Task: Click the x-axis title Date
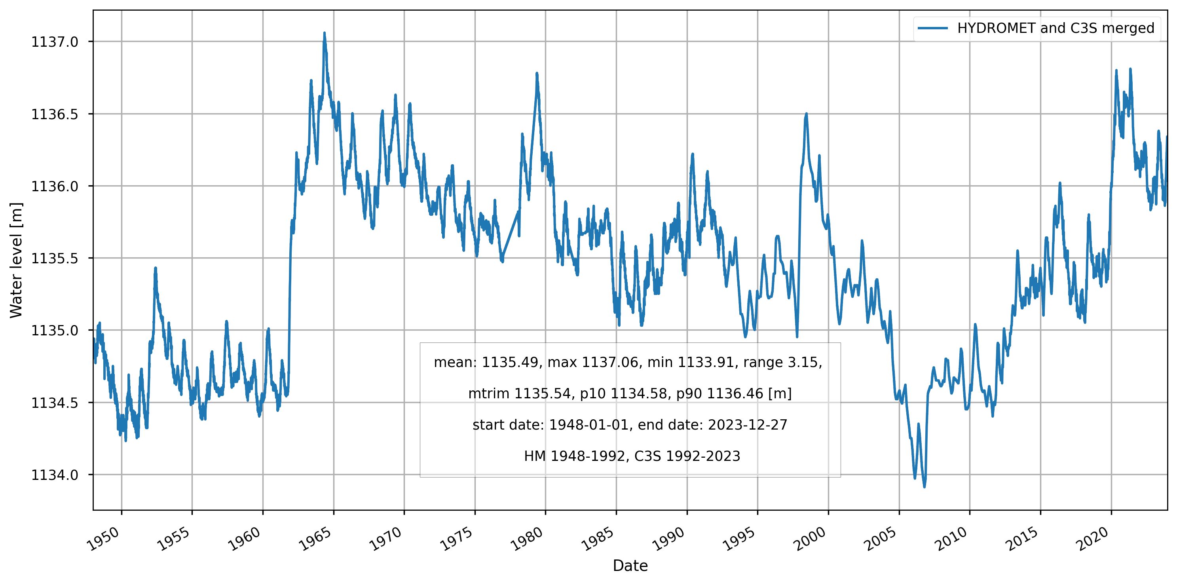[630, 566]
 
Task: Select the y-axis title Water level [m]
[16, 260]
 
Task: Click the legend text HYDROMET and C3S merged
[1056, 29]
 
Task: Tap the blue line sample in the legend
[933, 29]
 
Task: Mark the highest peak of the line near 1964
[325, 33]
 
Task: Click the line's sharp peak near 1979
[537, 73]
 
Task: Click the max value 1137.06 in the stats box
[609, 362]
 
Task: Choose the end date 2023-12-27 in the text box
[748, 425]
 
